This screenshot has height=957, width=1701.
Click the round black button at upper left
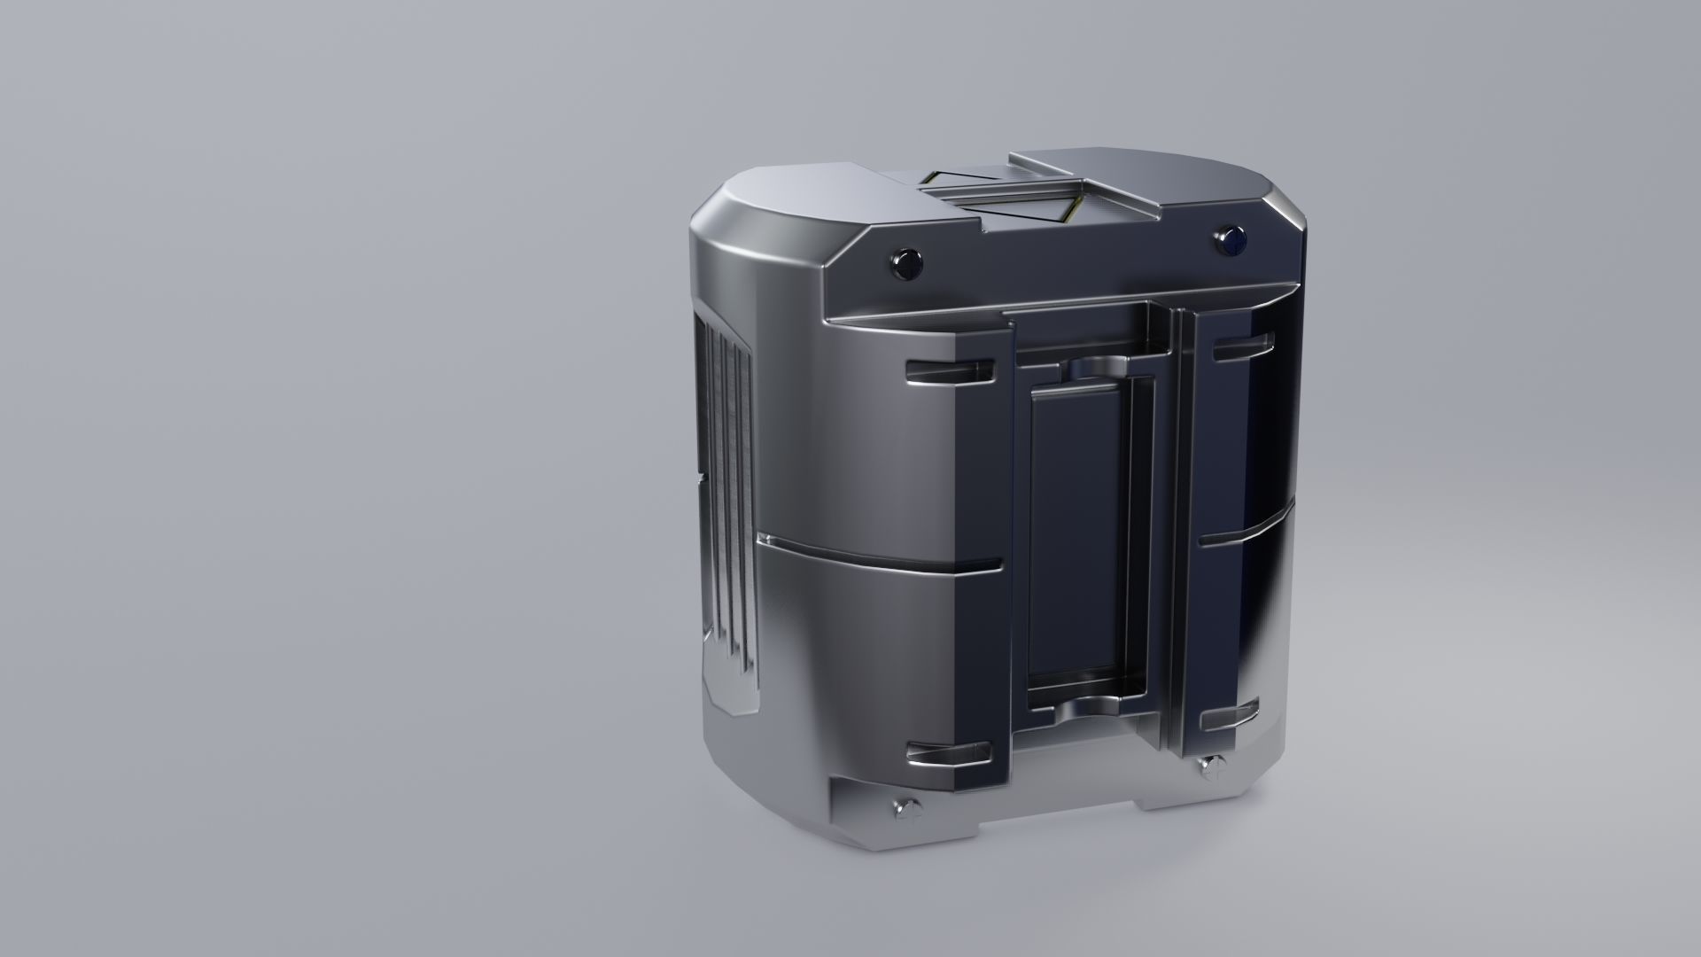pyautogui.click(x=906, y=263)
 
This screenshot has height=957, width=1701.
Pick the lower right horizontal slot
pyautogui.click(x=1230, y=717)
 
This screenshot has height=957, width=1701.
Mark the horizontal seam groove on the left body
pyautogui.click(x=886, y=555)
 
